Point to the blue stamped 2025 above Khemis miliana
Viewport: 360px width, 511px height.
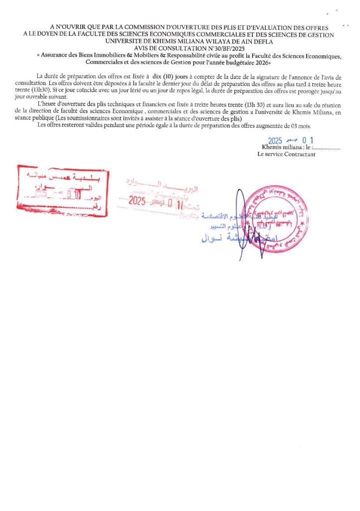coord(275,141)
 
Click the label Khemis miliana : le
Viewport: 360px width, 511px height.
coord(286,148)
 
